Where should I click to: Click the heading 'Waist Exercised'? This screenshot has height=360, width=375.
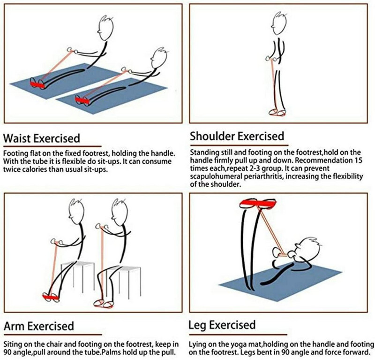(41, 139)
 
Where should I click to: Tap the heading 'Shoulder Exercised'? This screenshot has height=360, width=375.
(237, 137)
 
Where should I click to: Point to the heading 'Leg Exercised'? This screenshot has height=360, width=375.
(222, 325)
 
